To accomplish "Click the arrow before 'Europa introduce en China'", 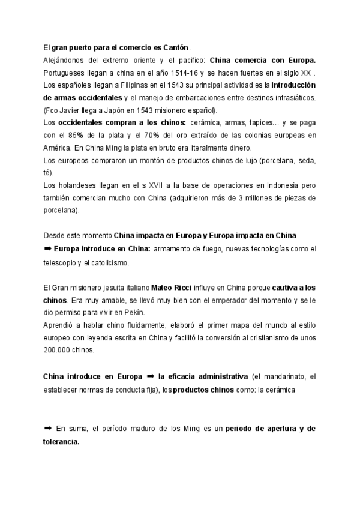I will pyautogui.click(x=47, y=249).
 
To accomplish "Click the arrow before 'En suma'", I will pyautogui.click(x=47, y=428).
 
